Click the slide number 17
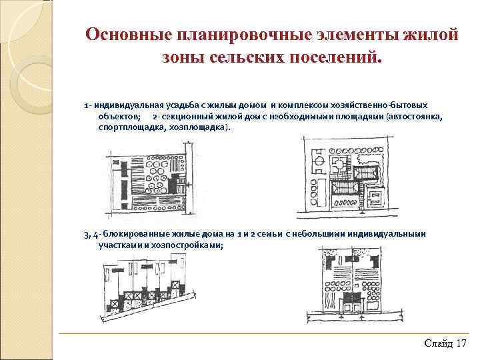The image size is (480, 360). [462, 343]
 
